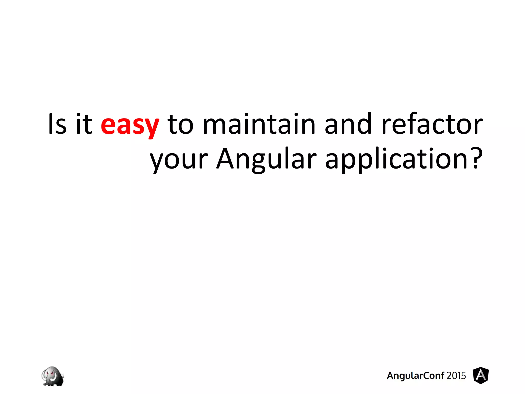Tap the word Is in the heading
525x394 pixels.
pyautogui.click(x=57, y=124)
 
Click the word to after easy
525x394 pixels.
pyautogui.click(x=180, y=125)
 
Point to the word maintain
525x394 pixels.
pyautogui.click(x=259, y=124)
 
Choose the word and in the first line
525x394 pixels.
pyautogui.click(x=348, y=124)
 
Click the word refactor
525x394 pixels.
pyautogui.click(x=432, y=124)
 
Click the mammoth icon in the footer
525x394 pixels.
pyautogui.click(x=53, y=376)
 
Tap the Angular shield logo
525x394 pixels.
pyautogui.click(x=481, y=376)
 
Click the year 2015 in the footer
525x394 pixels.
pyautogui.click(x=456, y=376)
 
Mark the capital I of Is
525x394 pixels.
pyautogui.click(x=51, y=124)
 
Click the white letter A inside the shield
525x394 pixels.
pyautogui.click(x=481, y=375)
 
